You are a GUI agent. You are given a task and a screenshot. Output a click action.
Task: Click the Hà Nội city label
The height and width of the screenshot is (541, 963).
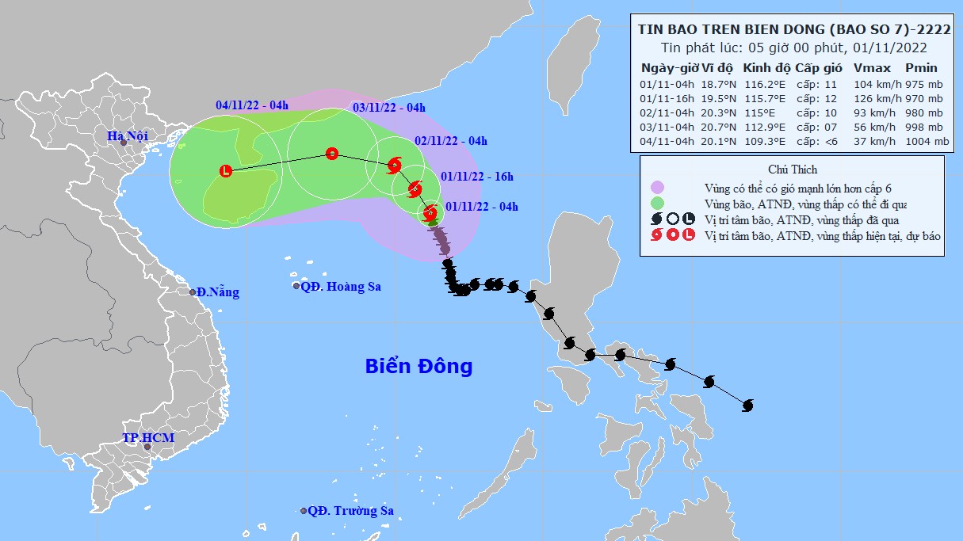click(128, 136)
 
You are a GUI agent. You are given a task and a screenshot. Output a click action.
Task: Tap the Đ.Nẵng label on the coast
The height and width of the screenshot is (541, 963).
click(218, 292)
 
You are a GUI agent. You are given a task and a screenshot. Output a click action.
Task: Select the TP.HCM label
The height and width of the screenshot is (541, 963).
click(148, 438)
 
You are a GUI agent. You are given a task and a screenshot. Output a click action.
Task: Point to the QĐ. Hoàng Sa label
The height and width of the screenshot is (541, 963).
click(340, 287)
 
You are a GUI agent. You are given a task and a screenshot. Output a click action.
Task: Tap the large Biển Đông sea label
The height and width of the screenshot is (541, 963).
click(418, 366)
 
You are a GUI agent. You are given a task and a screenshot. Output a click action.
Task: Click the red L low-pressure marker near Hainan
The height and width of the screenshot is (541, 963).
click(226, 170)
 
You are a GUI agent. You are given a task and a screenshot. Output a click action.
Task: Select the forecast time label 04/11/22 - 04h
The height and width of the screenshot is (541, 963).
click(252, 105)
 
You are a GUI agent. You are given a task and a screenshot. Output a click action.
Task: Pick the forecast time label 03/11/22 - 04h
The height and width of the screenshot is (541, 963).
click(388, 108)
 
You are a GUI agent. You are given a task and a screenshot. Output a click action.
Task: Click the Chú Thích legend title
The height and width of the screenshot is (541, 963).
click(793, 170)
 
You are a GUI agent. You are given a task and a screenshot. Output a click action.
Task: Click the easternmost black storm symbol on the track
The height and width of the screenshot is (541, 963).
click(747, 406)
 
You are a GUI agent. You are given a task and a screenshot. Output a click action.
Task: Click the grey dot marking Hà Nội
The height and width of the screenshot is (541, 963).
click(124, 143)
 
